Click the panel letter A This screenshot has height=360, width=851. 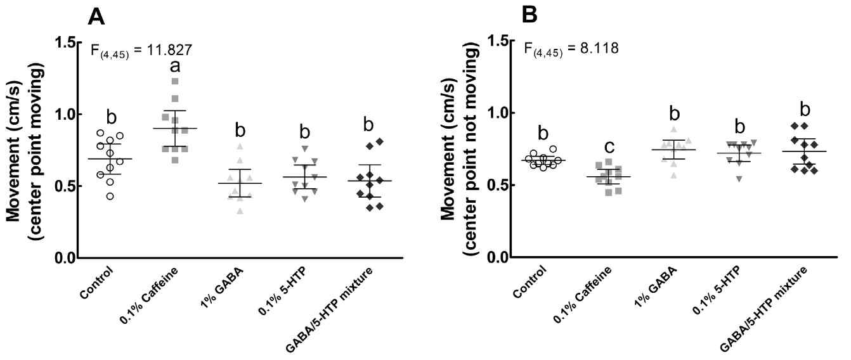tap(96, 16)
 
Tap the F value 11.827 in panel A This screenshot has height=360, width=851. tap(161, 50)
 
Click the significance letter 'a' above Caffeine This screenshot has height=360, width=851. tap(174, 66)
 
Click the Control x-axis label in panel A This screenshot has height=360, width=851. tap(98, 283)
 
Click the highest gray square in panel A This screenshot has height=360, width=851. tap(175, 81)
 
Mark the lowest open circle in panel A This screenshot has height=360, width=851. tap(110, 196)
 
